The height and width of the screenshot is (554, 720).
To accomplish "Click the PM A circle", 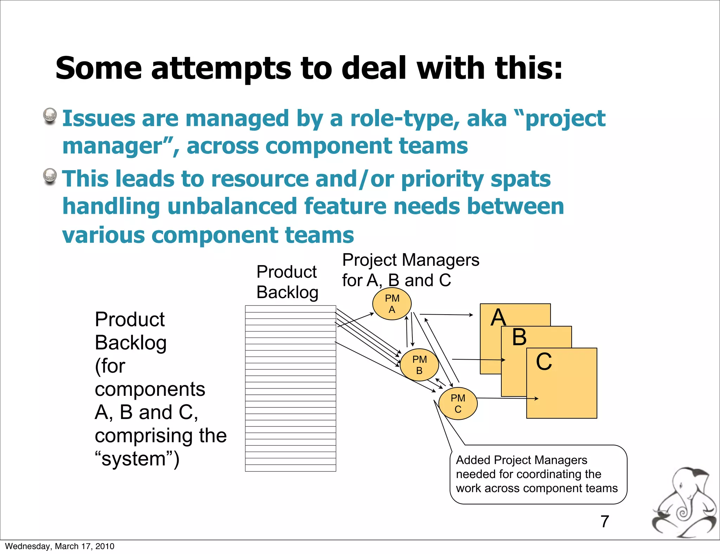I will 392,304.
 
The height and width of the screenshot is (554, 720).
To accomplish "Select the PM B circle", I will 419,365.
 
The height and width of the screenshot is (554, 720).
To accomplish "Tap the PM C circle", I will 458,403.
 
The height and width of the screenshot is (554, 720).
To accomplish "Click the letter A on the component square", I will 498,317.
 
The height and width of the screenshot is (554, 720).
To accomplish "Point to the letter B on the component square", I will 519,337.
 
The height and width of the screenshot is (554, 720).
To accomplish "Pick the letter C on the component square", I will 544,361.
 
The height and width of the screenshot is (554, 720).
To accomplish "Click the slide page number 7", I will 604,521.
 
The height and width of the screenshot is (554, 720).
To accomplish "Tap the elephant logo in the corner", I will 684,503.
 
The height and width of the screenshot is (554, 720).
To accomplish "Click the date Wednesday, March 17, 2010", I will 59,546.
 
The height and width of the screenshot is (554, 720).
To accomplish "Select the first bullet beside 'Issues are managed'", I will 50,116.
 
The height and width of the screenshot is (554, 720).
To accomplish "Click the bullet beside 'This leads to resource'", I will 50,176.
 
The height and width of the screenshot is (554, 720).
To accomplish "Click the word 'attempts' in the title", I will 221,68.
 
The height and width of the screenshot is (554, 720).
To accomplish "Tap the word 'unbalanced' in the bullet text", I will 232,206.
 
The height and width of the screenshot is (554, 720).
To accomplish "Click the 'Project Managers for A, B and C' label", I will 410,270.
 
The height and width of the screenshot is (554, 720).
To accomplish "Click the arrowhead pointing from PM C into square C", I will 536,398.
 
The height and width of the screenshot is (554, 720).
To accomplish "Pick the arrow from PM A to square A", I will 446,315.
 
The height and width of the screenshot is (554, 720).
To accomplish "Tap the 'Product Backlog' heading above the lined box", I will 287,282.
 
